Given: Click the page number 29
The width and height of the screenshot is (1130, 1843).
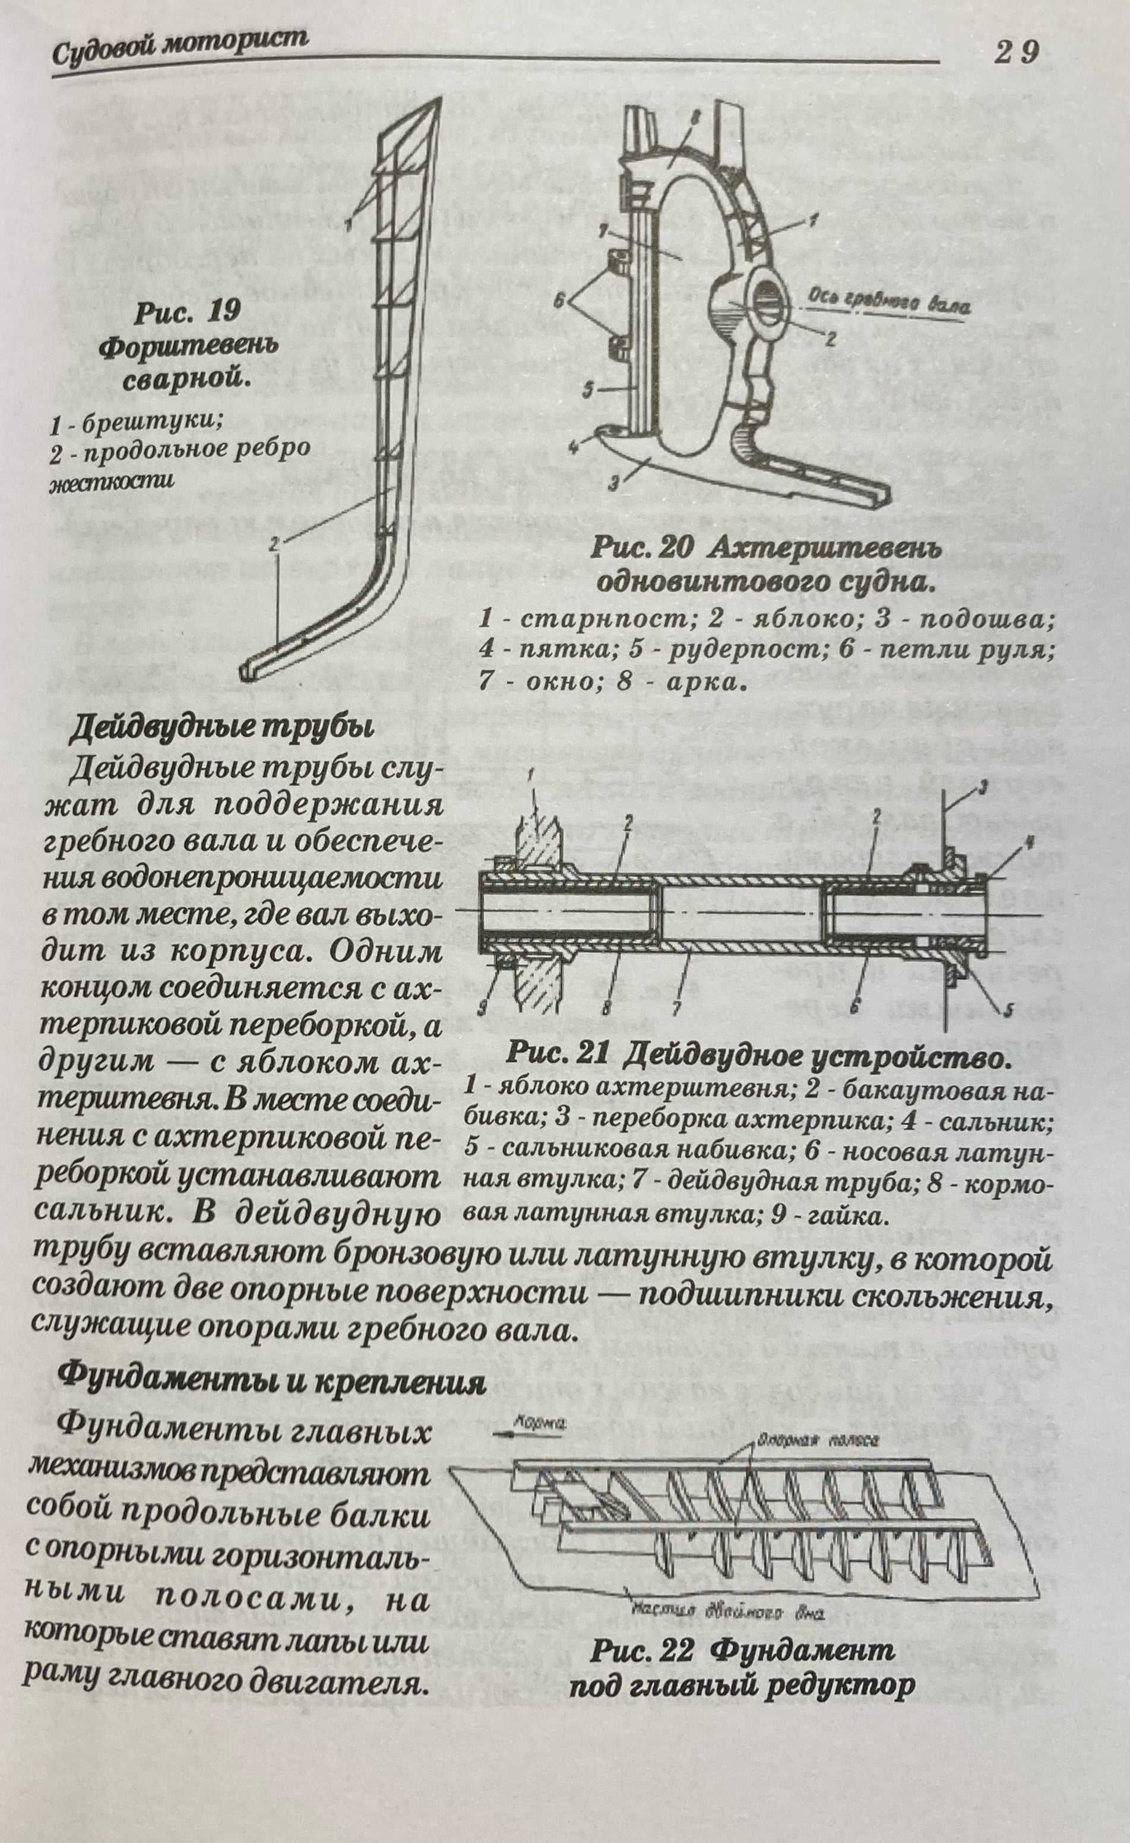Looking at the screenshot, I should point(1017,54).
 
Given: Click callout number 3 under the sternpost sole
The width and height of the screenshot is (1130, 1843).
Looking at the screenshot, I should point(613,486).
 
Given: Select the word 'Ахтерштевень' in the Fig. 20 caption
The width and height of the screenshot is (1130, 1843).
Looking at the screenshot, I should point(822,550).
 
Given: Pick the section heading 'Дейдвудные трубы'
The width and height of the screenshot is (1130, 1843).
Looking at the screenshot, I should point(221,730).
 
